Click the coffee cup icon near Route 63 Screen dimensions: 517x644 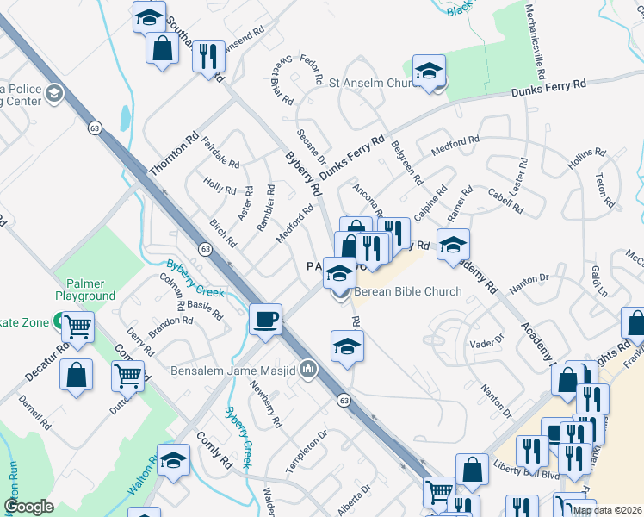(265, 319)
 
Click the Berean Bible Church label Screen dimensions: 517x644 (408, 291)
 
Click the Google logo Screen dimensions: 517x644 (29, 507)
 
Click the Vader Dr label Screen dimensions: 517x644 (486, 342)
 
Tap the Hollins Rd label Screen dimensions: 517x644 (586, 158)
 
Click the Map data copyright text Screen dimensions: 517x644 (606, 510)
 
